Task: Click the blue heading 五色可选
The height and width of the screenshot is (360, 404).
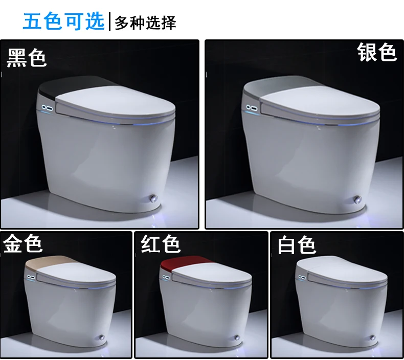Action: pyautogui.click(x=63, y=21)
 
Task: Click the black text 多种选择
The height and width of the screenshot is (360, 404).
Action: pyautogui.click(x=145, y=22)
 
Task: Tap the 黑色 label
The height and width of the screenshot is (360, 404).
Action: pyautogui.click(x=26, y=58)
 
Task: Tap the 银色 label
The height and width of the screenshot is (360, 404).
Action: pyautogui.click(x=377, y=52)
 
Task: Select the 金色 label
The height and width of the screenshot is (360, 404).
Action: pyautogui.click(x=23, y=243)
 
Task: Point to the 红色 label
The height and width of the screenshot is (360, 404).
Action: pyautogui.click(x=160, y=243)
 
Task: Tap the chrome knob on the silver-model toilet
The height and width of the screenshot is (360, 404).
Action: pyautogui.click(x=357, y=199)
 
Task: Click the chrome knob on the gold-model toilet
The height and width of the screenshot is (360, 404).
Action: pyautogui.click(x=102, y=337)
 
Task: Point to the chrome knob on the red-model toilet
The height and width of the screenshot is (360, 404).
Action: pyautogui.click(x=237, y=337)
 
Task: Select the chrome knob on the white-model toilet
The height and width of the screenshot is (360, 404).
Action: pyautogui.click(x=373, y=337)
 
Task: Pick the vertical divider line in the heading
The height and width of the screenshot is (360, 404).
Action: pyautogui.click(x=110, y=21)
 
